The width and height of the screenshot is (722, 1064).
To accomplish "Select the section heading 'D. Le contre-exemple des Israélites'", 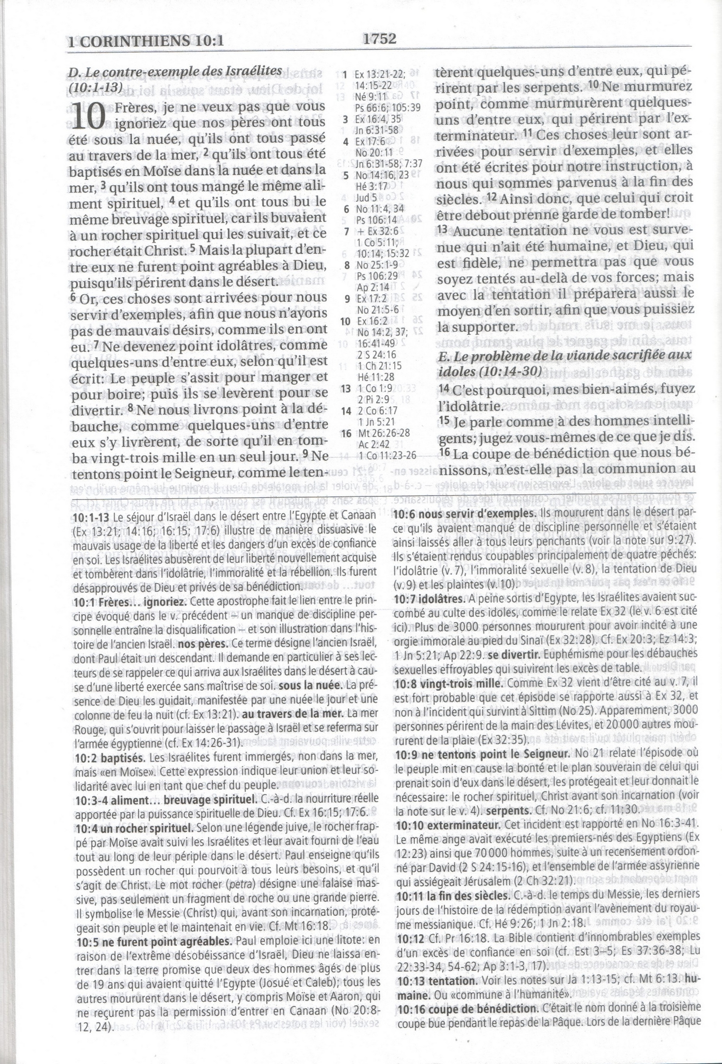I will pyautogui.click(x=175, y=71).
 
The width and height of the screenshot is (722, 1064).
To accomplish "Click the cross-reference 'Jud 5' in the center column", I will pyautogui.click(x=365, y=197).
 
